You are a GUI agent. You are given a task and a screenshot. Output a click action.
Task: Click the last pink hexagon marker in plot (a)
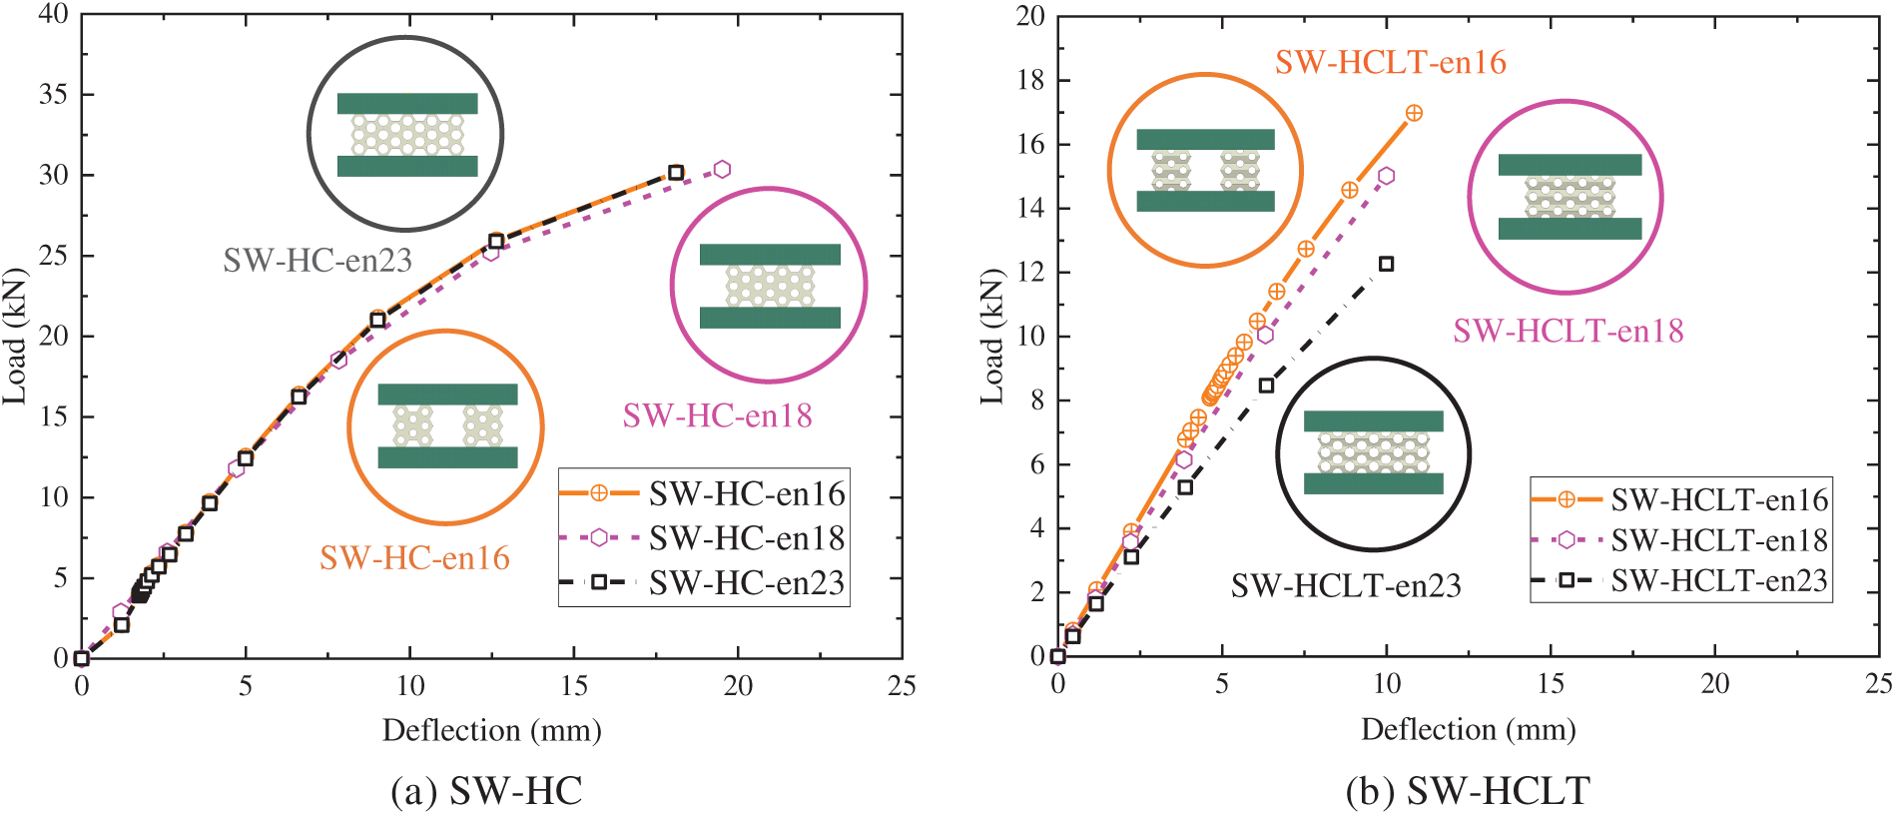[x=722, y=170]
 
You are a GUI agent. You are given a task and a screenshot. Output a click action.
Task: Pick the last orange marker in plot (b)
[x=1414, y=114]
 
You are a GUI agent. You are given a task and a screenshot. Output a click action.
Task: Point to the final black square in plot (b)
[x=1386, y=264]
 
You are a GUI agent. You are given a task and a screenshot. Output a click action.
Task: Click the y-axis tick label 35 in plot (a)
[x=53, y=94]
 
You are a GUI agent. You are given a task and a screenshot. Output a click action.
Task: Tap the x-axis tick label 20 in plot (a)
[x=738, y=685]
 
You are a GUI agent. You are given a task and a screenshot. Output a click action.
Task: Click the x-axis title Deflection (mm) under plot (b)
[x=1468, y=730]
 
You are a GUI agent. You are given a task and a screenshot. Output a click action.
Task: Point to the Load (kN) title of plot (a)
[x=14, y=336]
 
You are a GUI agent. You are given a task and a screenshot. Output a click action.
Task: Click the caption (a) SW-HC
[x=486, y=791]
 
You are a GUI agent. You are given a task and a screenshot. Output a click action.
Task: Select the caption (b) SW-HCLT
[x=1467, y=791]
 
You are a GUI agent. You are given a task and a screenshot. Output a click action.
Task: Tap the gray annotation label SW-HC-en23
[x=317, y=260]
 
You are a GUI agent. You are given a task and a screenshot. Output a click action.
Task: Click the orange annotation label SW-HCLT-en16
[x=1390, y=62]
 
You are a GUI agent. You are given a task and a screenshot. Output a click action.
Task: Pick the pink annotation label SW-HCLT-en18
[x=1568, y=331]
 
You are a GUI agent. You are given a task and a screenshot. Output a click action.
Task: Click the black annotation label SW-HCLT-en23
[x=1345, y=585]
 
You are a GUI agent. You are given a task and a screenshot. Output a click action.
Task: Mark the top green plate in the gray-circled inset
[x=407, y=104]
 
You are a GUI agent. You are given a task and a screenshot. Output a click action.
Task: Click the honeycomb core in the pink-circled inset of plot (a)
[x=770, y=286]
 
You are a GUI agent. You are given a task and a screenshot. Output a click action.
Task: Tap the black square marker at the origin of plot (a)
[x=82, y=658]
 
